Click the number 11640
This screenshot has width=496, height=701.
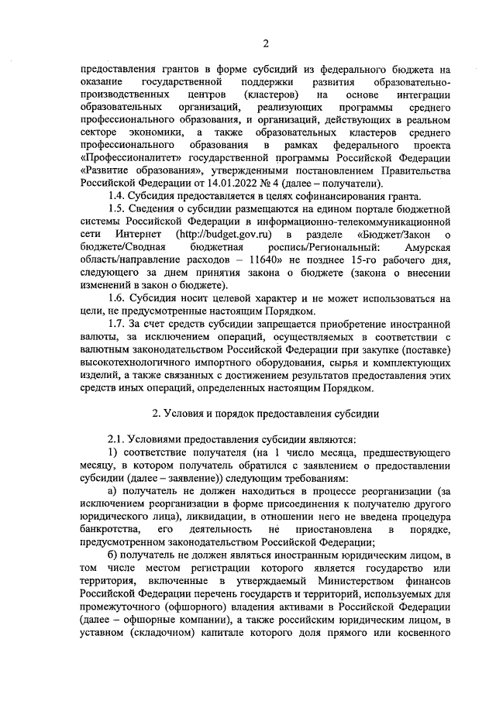click(274, 259)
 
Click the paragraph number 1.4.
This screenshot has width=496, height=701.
click(117, 196)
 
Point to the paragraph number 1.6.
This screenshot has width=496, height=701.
click(117, 297)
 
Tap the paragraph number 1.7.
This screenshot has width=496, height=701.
click(117, 323)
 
